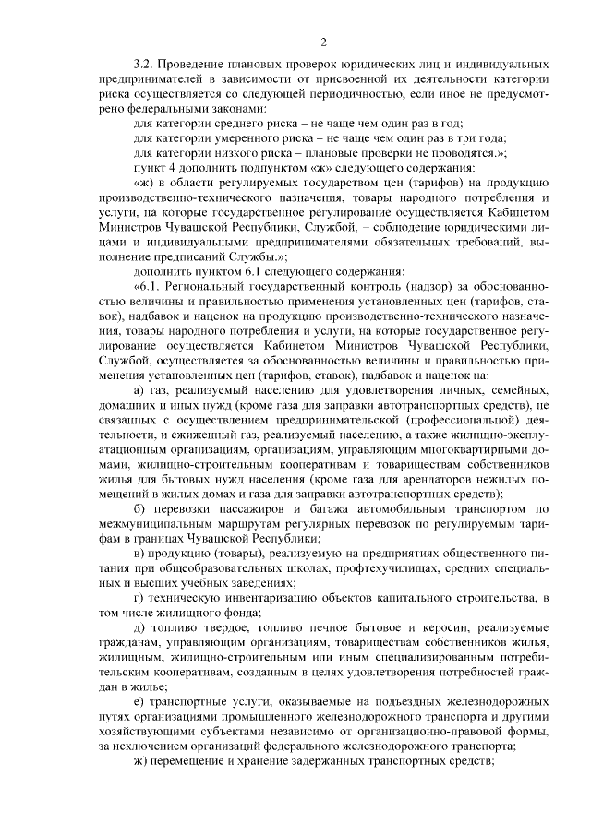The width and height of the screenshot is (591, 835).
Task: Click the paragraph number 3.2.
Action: click(x=143, y=66)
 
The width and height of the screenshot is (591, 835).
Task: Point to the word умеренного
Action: click(x=230, y=138)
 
